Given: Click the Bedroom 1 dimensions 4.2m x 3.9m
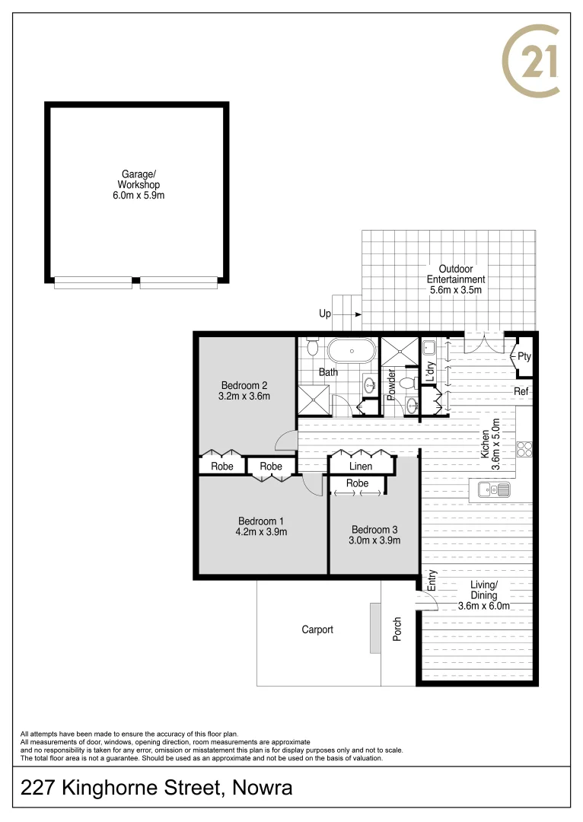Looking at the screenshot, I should point(262,532).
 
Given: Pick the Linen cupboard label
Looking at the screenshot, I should point(361,467).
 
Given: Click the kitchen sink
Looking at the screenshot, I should point(493,489).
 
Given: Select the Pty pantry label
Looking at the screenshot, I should point(524,356).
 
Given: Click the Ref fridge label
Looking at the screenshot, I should point(521,392).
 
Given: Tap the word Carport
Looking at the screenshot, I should point(317,629).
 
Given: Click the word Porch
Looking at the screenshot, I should point(397,629).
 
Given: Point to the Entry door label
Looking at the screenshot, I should point(432,581).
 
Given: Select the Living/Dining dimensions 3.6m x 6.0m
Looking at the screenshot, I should point(484,606).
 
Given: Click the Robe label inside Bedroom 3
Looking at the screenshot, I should point(357,483).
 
